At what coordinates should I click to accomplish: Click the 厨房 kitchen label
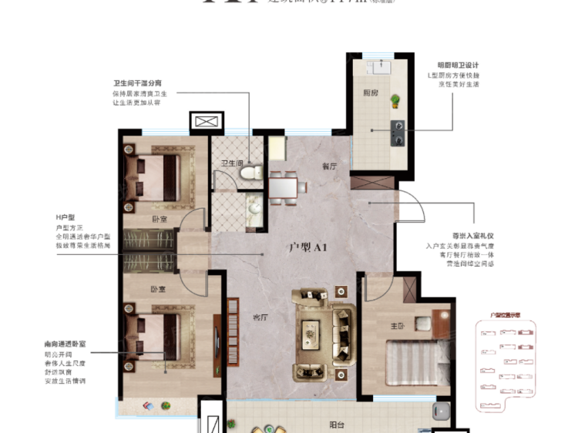370,92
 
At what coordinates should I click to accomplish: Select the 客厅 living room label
260,317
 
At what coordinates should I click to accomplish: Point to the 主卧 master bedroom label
398,326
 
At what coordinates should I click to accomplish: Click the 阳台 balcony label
337,423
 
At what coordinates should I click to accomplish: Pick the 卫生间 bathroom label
232,163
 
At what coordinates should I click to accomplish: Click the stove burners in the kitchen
399,133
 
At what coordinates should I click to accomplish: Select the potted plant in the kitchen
395,100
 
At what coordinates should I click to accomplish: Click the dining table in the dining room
284,186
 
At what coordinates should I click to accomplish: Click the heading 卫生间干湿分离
137,83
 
